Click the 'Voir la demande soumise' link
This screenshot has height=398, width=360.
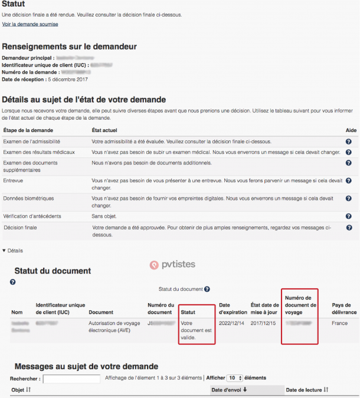click(x=30, y=24)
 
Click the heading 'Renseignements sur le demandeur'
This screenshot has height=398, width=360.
click(x=70, y=47)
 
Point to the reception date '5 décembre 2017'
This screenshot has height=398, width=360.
click(x=67, y=79)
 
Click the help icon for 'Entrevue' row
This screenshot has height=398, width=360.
click(x=348, y=180)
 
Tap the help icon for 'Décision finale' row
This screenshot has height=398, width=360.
click(x=348, y=228)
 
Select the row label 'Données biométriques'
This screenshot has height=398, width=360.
click(x=28, y=199)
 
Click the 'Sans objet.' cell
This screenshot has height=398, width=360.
click(x=105, y=216)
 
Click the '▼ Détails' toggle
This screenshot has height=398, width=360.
click(x=13, y=251)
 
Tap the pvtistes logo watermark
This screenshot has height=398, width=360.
click(x=172, y=265)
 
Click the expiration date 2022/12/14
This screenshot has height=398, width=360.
click(x=231, y=324)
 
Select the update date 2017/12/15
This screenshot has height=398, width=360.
click(x=263, y=324)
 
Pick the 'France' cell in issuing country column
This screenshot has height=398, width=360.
click(x=339, y=324)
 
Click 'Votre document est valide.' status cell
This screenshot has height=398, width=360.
click(x=197, y=331)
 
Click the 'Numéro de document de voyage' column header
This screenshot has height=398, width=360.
click(x=300, y=304)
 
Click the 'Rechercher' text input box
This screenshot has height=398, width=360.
click(x=71, y=378)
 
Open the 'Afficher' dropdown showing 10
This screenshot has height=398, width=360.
click(x=235, y=378)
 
